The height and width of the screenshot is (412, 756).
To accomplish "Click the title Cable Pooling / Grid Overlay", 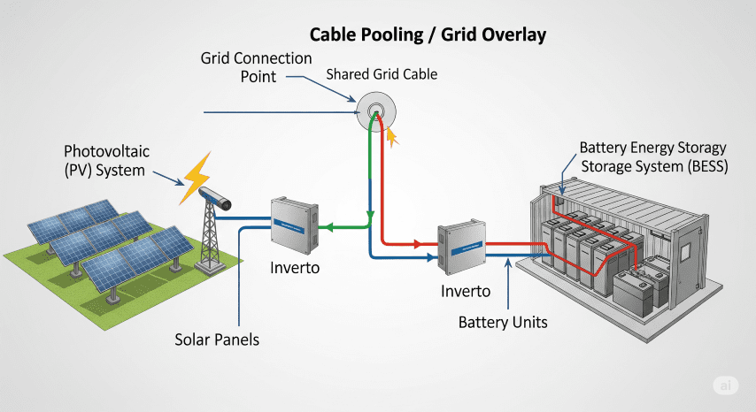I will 428,35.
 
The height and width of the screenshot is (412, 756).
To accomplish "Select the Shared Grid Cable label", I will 382,75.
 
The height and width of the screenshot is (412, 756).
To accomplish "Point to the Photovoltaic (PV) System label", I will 104,160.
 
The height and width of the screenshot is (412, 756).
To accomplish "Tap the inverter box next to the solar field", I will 293,224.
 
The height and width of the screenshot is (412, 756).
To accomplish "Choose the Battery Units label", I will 503,322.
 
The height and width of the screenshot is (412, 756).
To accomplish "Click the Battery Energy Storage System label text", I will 653,156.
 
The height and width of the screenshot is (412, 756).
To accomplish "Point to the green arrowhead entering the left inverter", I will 324,228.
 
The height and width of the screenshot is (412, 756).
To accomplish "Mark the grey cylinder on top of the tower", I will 215,197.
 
